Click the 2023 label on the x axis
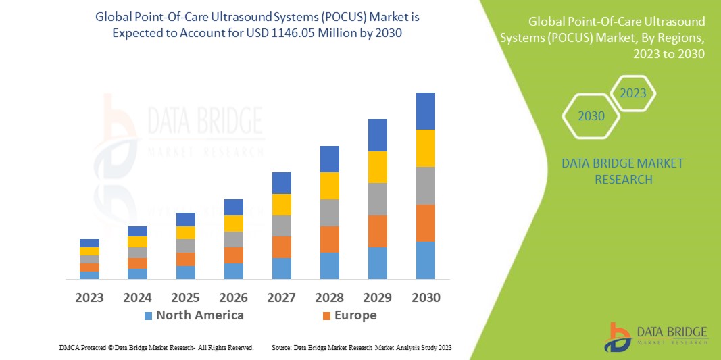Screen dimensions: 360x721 coord(89,297)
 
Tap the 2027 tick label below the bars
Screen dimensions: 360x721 coord(281,297)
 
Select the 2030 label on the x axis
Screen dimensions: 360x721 coord(425,297)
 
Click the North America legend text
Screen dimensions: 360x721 coord(199,315)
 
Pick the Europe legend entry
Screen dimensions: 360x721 coord(355,315)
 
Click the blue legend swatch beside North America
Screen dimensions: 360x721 coord(148,315)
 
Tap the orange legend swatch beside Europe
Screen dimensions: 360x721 coord(327,315)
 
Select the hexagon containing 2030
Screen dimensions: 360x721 coord(591,116)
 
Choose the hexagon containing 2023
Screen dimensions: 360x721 coord(633,93)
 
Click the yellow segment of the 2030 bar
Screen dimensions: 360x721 coord(425,148)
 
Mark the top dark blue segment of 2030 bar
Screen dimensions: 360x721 coord(425,111)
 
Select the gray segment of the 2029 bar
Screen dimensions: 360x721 coord(377,199)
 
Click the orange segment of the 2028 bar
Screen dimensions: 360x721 coord(329,239)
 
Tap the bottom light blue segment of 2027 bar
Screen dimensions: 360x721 coord(281,268)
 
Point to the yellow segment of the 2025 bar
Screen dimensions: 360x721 coord(185,232)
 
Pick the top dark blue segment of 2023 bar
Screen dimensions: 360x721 coord(89,242)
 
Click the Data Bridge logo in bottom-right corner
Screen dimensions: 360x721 coord(655,336)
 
